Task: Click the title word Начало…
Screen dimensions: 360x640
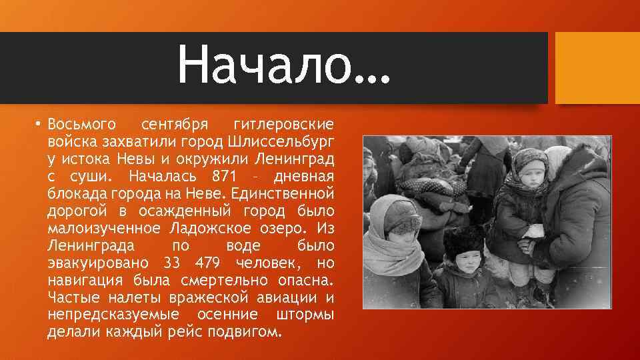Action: [x=283, y=67]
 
